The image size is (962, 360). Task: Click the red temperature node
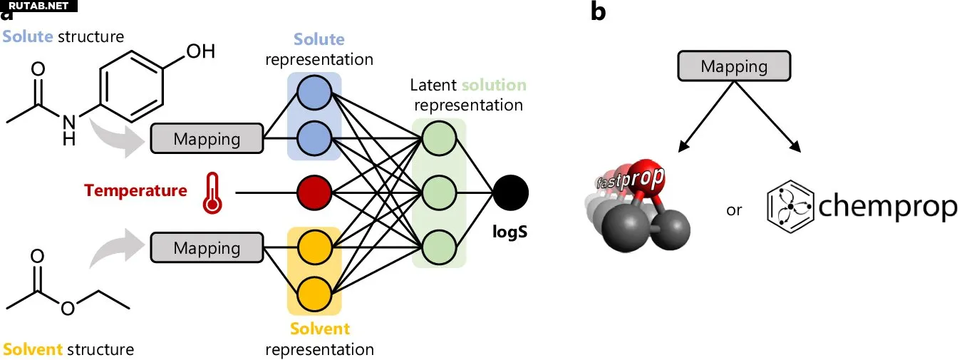[x=314, y=192]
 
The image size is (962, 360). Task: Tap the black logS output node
[x=510, y=192]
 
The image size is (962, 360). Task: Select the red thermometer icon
[x=212, y=193]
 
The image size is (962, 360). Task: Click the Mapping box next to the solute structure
[x=207, y=138]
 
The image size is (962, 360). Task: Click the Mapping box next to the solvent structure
[x=207, y=247]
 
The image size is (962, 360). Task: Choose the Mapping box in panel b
[x=734, y=66]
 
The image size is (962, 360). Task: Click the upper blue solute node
[x=314, y=93]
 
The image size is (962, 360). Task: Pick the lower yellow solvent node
[x=314, y=294]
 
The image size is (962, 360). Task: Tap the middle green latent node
[x=439, y=192]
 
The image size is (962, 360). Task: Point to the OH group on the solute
[x=200, y=51]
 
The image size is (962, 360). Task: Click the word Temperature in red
[x=135, y=190]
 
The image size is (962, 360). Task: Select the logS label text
[x=510, y=232]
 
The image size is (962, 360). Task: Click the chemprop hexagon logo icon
[x=790, y=207]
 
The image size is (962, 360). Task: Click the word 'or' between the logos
[x=734, y=210]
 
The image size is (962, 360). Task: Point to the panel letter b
[x=599, y=11]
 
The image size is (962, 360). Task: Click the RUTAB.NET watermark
[x=38, y=6]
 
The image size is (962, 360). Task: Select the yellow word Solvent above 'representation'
[x=320, y=329]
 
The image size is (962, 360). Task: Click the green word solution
[x=494, y=85]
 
